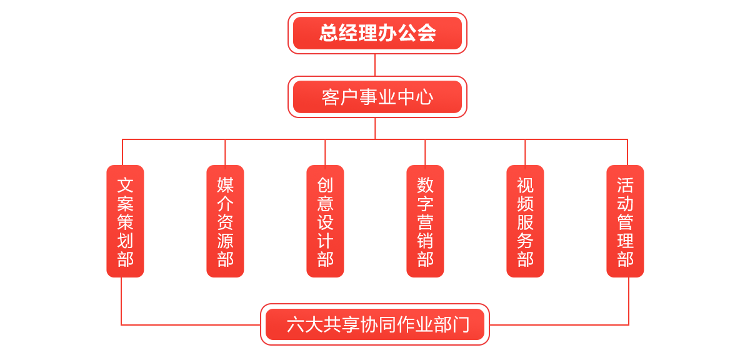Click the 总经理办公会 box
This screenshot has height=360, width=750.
pyautogui.click(x=377, y=33)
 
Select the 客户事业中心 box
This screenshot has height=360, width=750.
pyautogui.click(x=377, y=97)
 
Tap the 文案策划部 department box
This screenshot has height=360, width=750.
pyautogui.click(x=126, y=221)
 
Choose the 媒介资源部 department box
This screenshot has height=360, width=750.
pyautogui.click(x=226, y=221)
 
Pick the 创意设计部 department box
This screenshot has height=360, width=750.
pyautogui.click(x=326, y=221)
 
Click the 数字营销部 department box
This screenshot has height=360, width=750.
pyautogui.click(x=426, y=221)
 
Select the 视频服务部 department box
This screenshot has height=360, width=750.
pyautogui.click(x=526, y=221)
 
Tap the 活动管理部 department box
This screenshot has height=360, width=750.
pyautogui.click(x=625, y=221)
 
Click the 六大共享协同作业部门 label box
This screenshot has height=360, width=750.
pyautogui.click(x=375, y=324)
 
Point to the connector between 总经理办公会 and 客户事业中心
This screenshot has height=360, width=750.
pyautogui.click(x=375, y=65)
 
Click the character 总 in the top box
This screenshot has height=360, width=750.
pyautogui.click(x=329, y=33)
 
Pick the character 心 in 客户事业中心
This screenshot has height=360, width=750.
pyautogui.click(x=424, y=97)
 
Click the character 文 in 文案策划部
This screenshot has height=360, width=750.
pyautogui.click(x=126, y=185)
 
